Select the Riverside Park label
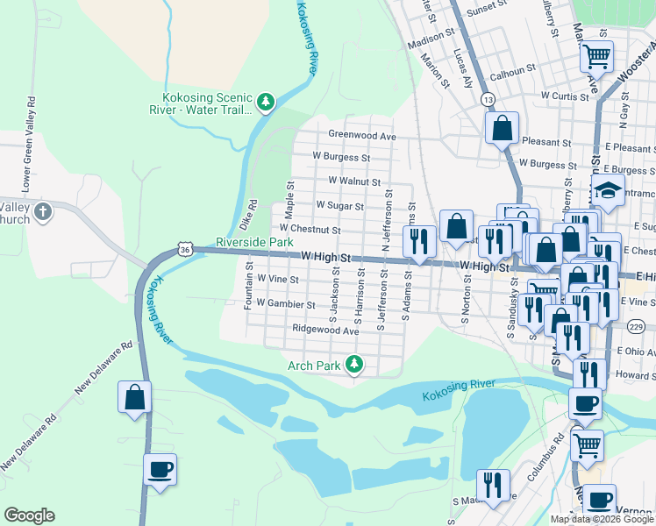click(254, 241)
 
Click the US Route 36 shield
click(184, 250)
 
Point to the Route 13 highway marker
click(488, 101)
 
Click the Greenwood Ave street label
click(362, 136)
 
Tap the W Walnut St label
click(353, 181)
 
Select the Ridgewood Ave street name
click(325, 331)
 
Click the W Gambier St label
click(286, 304)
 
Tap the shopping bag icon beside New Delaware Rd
click(134, 397)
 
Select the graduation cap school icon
click(607, 190)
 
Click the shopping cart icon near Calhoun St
click(596, 57)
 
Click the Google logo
click(29, 515)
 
